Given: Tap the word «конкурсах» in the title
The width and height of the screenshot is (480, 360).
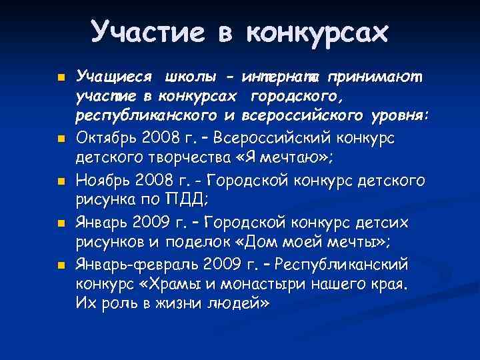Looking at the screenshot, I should coord(316,31).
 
